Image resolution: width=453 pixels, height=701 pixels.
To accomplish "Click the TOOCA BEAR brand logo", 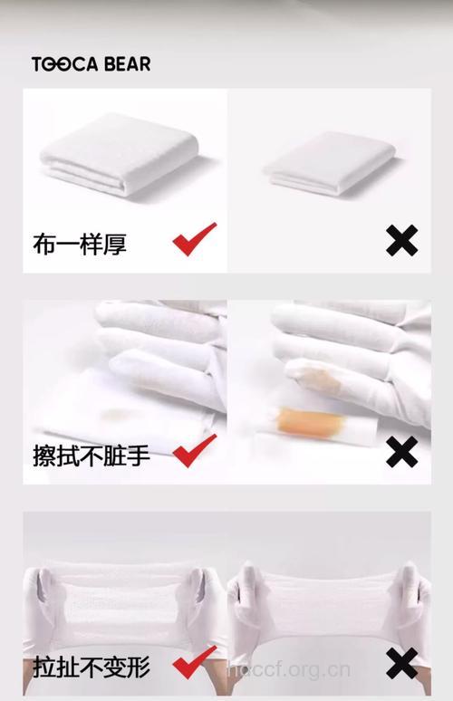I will pyautogui.click(x=91, y=63).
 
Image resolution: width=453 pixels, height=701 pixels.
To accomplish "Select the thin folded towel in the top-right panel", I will pyautogui.click(x=328, y=165).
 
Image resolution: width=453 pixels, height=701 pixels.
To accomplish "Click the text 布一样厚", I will pyautogui.click(x=80, y=244).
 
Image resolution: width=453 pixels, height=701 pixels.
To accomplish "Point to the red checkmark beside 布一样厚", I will pyautogui.click(x=194, y=239).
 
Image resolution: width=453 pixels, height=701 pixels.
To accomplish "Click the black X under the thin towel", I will pyautogui.click(x=401, y=241).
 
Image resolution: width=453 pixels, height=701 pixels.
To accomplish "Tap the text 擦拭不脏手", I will pyautogui.click(x=92, y=454).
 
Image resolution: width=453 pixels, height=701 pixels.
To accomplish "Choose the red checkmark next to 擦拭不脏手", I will pyautogui.click(x=194, y=449).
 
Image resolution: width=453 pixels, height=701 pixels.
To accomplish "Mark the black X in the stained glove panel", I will pyautogui.click(x=401, y=451).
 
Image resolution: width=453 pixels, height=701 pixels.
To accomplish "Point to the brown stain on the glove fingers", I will pyautogui.click(x=313, y=376).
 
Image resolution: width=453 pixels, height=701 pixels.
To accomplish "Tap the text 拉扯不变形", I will pyautogui.click(x=92, y=668).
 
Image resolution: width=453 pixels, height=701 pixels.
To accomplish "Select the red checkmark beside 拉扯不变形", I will pyautogui.click(x=194, y=662).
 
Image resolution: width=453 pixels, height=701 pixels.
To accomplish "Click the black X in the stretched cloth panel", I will pyautogui.click(x=401, y=664).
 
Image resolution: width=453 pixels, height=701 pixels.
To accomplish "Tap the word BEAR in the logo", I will pyautogui.click(x=127, y=63).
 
